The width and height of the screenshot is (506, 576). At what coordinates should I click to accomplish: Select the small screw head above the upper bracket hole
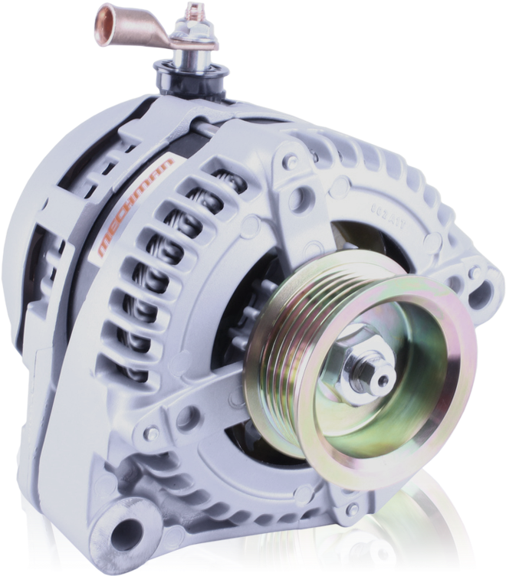click(x=290, y=162)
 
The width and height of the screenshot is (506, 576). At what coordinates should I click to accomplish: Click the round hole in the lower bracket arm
click(x=186, y=417)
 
